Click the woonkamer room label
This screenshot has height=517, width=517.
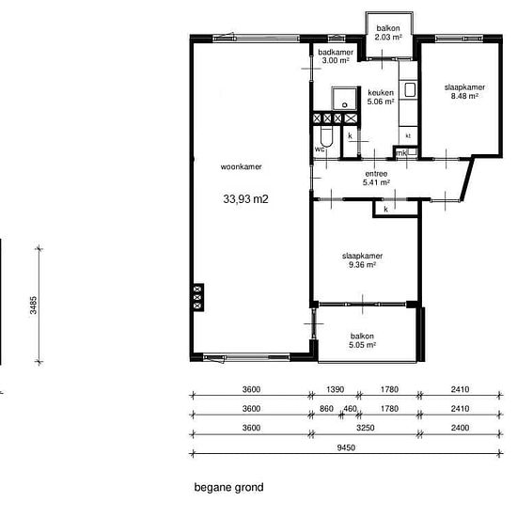(x=241, y=166)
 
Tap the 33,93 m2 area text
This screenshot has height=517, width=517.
(x=245, y=199)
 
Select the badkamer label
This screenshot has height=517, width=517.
(x=336, y=52)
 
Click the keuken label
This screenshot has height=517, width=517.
(x=381, y=93)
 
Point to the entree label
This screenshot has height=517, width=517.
(x=376, y=174)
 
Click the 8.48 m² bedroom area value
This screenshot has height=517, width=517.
(x=464, y=96)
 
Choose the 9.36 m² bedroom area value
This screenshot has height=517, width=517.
(x=362, y=264)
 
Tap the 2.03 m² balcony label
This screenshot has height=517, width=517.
(x=388, y=37)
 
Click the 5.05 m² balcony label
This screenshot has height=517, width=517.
(x=362, y=345)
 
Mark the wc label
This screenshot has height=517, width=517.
(x=320, y=149)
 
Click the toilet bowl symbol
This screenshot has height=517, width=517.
(x=326, y=137)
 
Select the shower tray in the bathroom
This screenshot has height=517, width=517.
(x=344, y=99)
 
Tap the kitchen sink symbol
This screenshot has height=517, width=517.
(x=410, y=89)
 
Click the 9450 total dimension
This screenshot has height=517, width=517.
(x=346, y=447)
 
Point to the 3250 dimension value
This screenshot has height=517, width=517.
(x=366, y=428)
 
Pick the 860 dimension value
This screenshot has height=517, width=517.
(x=326, y=409)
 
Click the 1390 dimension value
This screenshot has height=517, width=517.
(x=335, y=389)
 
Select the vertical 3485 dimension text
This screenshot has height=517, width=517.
(x=33, y=305)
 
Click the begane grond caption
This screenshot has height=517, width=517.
(x=228, y=487)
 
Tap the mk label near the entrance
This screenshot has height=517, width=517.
(x=401, y=153)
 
